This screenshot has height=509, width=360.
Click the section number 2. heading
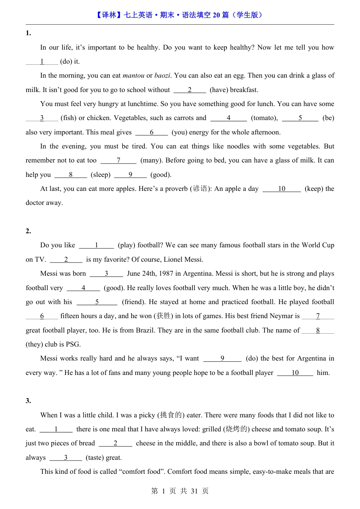[x=28, y=231]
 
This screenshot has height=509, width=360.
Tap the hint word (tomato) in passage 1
[x=264, y=118]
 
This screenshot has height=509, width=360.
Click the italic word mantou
[x=133, y=75]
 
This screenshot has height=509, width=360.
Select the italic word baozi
[x=162, y=75]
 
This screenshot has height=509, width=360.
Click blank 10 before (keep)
[x=282, y=189]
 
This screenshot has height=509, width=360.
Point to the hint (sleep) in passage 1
[x=101, y=175]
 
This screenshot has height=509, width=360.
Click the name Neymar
[x=281, y=316]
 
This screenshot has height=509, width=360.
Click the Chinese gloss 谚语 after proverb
[x=200, y=189]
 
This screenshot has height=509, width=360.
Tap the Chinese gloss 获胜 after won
[x=164, y=316]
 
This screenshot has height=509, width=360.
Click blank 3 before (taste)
[x=66, y=457]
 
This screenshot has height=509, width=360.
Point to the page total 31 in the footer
[x=194, y=491]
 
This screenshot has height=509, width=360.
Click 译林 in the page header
[x=109, y=15]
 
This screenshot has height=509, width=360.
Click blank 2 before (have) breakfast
[x=189, y=90]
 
